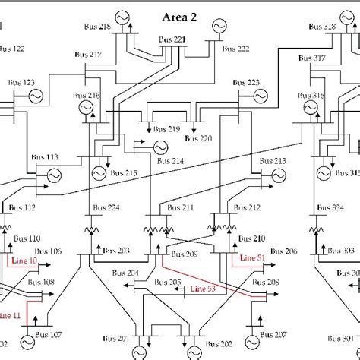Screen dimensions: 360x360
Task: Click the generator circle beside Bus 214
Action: pos(160,147)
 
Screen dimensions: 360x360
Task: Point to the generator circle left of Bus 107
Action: pos(32,341)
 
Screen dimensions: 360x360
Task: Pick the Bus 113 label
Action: pos(46,158)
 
